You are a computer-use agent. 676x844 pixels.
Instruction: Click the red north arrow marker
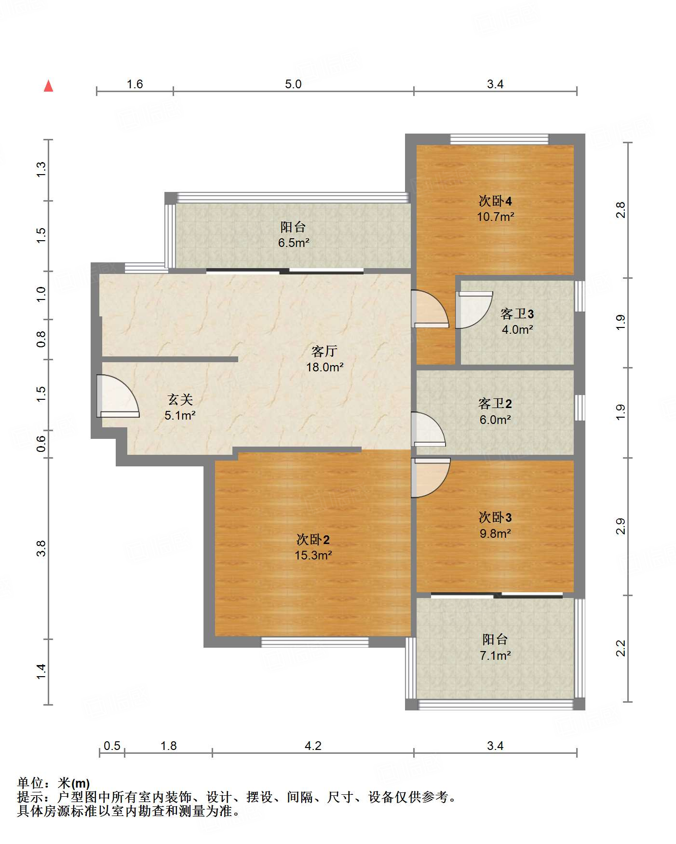tap(48, 86)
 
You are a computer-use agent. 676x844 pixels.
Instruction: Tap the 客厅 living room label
tap(324, 351)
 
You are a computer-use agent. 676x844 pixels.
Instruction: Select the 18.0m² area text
tap(325, 367)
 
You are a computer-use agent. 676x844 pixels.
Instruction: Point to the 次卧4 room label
tap(495, 201)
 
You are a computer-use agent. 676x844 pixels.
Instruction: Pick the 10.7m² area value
tap(496, 217)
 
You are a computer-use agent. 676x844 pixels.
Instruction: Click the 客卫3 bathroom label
tap(517, 314)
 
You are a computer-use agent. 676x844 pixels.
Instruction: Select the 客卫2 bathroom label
tap(495, 403)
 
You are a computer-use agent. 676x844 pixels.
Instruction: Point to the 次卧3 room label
tap(495, 517)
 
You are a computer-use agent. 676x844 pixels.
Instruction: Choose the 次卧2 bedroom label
tap(313, 539)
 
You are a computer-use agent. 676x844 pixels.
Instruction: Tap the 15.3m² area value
tap(313, 555)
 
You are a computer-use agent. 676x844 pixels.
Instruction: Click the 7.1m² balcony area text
tap(495, 655)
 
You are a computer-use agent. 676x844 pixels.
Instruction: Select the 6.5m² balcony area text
tap(294, 243)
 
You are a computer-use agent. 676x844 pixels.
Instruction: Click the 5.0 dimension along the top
tap(293, 84)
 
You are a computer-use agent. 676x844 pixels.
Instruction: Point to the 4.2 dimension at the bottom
tap(313, 746)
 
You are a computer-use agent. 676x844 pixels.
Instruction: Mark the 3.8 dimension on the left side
tap(41, 548)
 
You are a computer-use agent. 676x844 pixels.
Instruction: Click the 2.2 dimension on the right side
tap(621, 648)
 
